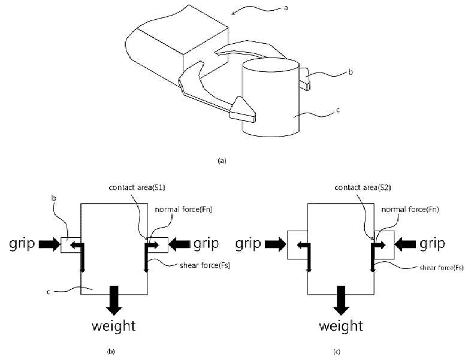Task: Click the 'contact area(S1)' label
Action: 137,187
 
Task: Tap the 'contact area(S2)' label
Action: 363,187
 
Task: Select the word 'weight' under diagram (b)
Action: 114,326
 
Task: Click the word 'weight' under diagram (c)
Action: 341,326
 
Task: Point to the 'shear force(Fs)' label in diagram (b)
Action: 205,265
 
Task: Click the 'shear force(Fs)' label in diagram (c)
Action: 442,268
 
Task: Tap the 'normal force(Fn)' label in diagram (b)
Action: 183,210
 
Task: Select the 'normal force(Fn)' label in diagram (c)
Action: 410,210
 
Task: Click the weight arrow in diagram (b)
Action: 114,300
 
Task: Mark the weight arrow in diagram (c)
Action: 341,300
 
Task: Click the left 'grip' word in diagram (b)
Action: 22,244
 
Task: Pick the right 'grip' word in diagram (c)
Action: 432,244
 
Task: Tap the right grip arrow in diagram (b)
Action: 179,244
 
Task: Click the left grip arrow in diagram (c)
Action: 276,244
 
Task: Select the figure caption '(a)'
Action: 222,161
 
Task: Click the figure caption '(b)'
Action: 111,352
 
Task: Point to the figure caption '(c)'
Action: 337,352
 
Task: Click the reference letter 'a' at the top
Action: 286,8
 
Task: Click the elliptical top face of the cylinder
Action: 271,65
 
